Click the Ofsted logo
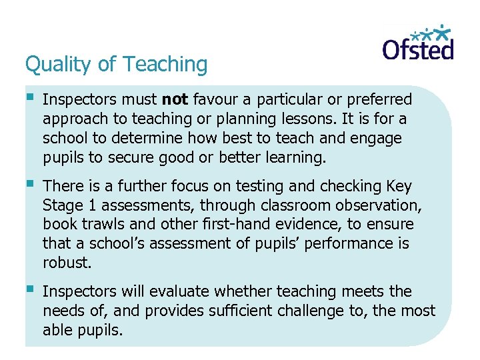point(417,43)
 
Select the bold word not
point(175,100)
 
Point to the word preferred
point(378,100)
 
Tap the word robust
point(65,263)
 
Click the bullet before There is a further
point(29,185)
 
